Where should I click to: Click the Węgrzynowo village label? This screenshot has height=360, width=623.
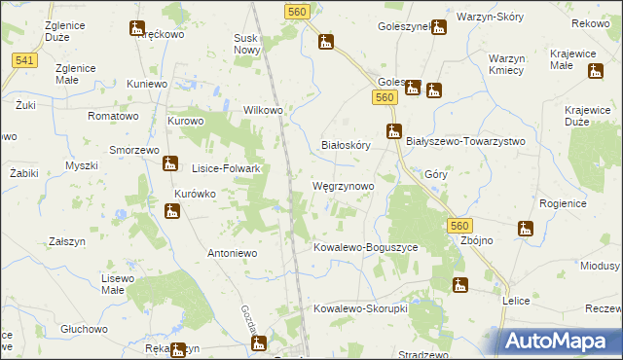342,185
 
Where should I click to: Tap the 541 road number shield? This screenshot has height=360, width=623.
25,61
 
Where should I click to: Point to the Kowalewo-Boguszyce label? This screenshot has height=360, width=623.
365,248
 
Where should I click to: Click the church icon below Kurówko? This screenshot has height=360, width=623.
171,210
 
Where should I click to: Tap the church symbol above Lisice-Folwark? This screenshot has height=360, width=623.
171,163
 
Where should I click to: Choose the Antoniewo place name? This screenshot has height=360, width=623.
232,253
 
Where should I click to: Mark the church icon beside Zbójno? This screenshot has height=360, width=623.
526,230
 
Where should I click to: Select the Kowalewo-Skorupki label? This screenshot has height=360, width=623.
359,308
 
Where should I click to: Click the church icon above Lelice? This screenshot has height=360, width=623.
460,285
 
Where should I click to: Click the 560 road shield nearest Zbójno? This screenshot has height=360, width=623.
461,226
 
